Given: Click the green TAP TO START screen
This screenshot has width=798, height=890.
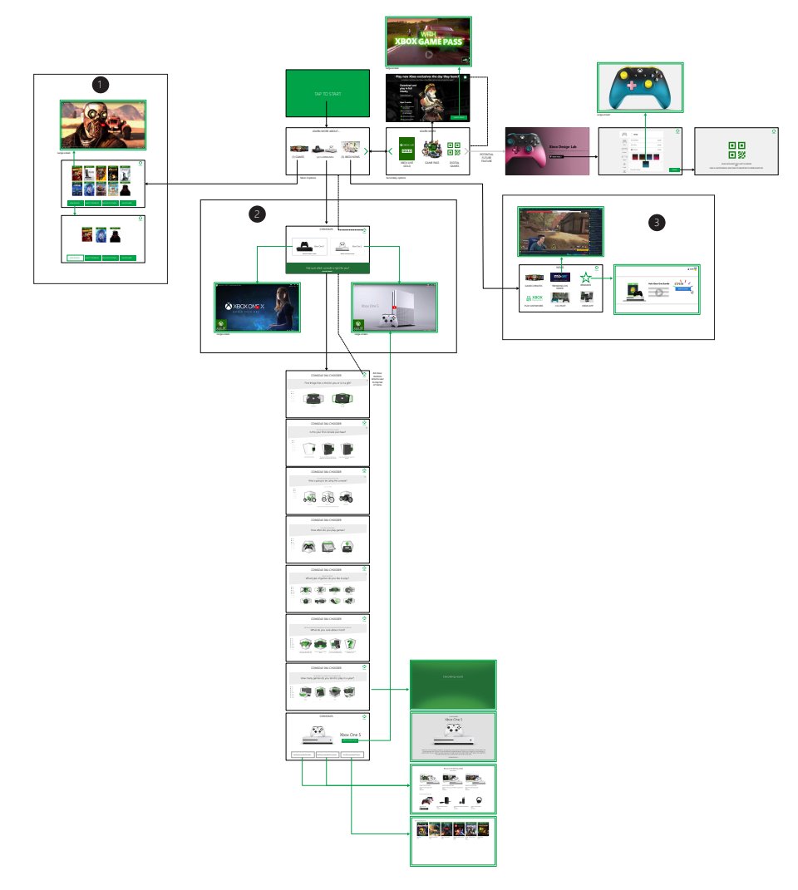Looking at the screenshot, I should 328,95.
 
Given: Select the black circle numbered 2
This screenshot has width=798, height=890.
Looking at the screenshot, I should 259,214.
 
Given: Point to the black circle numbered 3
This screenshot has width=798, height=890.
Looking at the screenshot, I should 658,222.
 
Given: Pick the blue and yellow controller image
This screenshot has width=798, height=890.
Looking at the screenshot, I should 640,86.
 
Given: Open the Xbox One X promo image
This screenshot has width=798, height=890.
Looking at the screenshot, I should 258,307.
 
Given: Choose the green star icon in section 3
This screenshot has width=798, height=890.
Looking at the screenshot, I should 586,278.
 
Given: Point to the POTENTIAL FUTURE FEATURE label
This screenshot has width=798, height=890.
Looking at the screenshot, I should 487,156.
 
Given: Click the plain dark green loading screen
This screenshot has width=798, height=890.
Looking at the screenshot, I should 453,684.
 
